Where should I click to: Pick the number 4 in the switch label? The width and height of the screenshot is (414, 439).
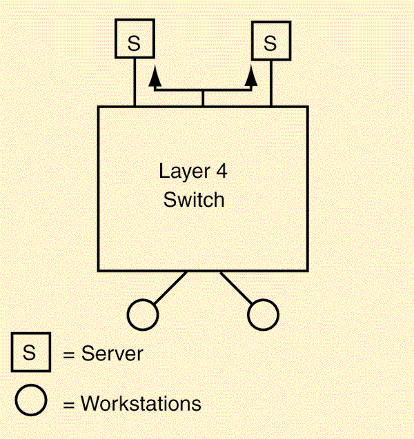coord(221,171)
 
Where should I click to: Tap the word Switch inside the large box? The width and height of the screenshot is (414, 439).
coord(194,200)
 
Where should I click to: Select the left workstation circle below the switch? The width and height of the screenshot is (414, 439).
coord(143,314)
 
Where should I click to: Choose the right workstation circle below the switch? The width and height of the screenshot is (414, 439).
coord(262,314)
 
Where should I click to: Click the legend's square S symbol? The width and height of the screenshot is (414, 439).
coord(29,352)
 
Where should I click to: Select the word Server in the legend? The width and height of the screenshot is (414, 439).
coord(112,354)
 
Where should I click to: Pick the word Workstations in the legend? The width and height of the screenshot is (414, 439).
coord(141,402)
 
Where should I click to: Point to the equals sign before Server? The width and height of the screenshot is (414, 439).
coord(68,355)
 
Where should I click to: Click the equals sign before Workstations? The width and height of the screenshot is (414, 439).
coord(68,403)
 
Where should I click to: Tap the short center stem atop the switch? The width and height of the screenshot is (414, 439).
coord(202,99)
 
